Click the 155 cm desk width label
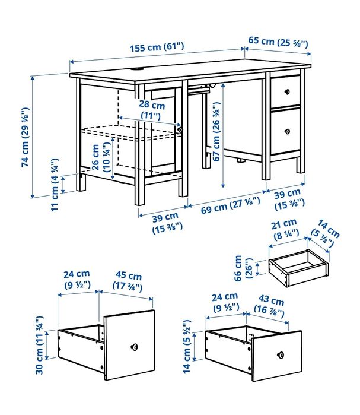point(157,46)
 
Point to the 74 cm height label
point(26,137)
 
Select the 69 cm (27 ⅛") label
point(222,209)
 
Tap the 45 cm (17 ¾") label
point(128,281)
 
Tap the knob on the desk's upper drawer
point(287,91)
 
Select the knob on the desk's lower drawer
point(287,129)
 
